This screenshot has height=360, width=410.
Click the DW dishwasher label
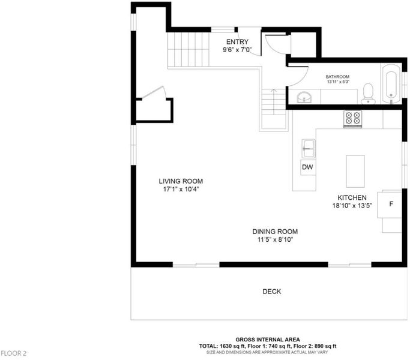(x=307, y=167)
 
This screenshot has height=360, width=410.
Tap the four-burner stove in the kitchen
(x=353, y=119)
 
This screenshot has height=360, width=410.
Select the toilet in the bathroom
(x=368, y=94)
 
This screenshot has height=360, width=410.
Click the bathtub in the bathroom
(x=391, y=83)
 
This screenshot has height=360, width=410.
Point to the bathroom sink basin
(x=304, y=97)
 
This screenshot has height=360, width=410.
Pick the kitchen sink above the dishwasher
(x=309, y=149)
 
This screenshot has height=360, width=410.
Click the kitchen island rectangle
(x=355, y=171)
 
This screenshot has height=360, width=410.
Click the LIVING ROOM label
(x=181, y=181)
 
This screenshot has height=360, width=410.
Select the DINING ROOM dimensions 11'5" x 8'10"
(x=276, y=239)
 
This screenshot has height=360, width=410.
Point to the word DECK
(x=272, y=292)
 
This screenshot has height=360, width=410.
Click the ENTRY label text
(x=237, y=42)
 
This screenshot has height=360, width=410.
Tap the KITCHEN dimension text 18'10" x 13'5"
(x=352, y=206)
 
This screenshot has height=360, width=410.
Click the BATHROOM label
(x=337, y=77)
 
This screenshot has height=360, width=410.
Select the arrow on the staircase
(x=274, y=101)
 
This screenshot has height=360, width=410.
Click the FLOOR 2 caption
(x=13, y=353)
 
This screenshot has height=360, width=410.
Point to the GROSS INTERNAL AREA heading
(x=268, y=340)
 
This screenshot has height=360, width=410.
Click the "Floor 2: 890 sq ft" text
(x=315, y=346)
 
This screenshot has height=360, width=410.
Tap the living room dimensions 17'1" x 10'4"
(x=181, y=189)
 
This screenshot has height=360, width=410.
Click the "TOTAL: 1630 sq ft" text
(x=222, y=346)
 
